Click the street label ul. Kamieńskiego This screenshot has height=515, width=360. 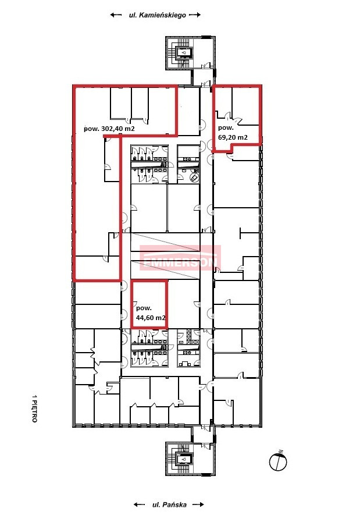point(157,15)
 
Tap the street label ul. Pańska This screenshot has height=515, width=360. point(169,505)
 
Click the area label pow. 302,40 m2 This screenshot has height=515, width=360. point(109,129)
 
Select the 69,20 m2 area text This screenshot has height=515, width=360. point(233,137)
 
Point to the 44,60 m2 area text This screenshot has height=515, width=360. point(151,318)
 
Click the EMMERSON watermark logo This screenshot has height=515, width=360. point(180,258)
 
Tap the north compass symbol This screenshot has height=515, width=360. point(278,461)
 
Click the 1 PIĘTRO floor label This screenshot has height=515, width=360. point(34,409)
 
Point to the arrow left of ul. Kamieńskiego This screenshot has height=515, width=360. point(116,15)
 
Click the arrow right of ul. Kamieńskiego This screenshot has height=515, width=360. point(195,15)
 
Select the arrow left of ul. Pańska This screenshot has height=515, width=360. point(140,505)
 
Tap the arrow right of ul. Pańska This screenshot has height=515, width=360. point(198,505)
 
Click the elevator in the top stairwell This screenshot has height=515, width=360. point(184,52)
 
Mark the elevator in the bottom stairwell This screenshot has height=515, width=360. point(184,458)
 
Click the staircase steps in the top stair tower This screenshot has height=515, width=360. point(172,52)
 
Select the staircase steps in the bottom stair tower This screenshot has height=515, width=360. point(172,459)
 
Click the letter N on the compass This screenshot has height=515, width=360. point(280,452)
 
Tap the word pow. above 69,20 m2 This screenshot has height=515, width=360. point(226,128)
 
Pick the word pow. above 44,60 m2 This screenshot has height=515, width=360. point(144,308)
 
